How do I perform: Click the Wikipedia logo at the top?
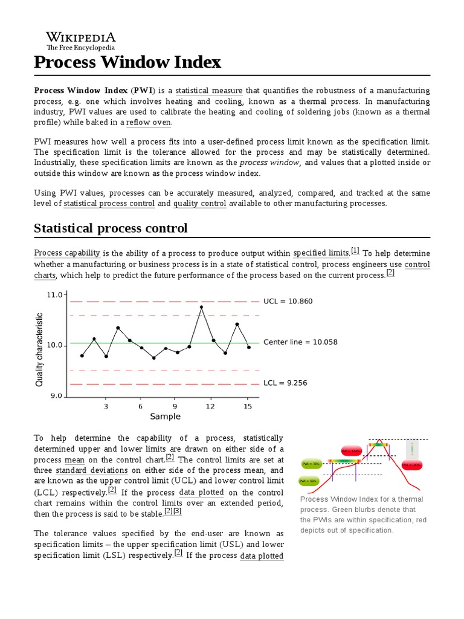coord(81,40)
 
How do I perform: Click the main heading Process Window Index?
coord(127,62)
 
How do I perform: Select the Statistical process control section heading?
coord(111,228)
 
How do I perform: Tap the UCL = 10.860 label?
coord(288,301)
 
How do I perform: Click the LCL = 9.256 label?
coord(286,383)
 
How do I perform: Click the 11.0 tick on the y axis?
coord(54,294)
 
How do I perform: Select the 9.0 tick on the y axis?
coord(56,396)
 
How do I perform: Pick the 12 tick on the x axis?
coord(210,406)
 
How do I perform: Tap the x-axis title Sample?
coord(165,416)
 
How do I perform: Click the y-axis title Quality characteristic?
coord(40,349)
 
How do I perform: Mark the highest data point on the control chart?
coord(201,307)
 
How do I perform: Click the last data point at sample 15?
coord(249,347)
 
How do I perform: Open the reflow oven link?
coord(149,122)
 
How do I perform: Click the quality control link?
coord(199,204)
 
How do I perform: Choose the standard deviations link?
coord(92,470)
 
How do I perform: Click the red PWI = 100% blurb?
coord(411,465)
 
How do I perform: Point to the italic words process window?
coord(270,163)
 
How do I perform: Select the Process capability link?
coord(67,253)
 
